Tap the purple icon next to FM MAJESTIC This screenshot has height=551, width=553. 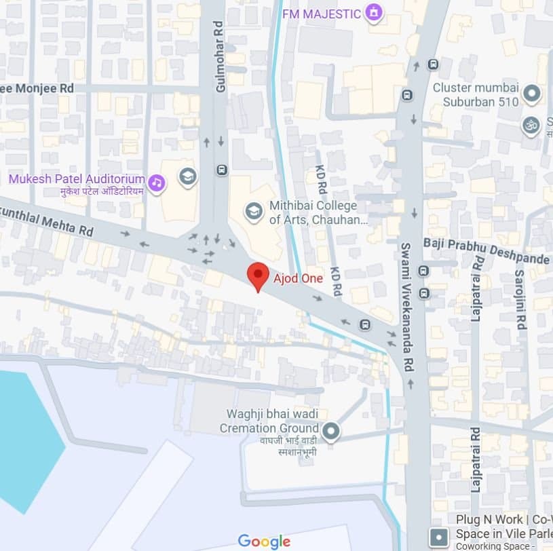click(x=373, y=12)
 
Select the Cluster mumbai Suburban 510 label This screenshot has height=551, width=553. click(x=475, y=94)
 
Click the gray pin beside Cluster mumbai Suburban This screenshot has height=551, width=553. click(x=531, y=94)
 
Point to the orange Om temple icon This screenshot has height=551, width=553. click(x=530, y=125)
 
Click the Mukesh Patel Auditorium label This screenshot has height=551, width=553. click(x=77, y=179)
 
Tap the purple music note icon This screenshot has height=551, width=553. click(x=157, y=182)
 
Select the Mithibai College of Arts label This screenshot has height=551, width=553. click(x=318, y=212)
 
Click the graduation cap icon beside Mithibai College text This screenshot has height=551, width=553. click(x=254, y=211)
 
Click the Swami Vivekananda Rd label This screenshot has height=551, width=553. click(x=406, y=305)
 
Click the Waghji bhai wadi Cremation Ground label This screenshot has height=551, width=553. click(x=269, y=421)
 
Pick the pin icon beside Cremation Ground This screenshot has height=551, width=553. click(x=330, y=430)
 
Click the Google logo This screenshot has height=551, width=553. click(x=264, y=541)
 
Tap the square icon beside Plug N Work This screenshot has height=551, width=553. click(x=438, y=538)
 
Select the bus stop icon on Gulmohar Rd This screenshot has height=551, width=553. click(x=221, y=170)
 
